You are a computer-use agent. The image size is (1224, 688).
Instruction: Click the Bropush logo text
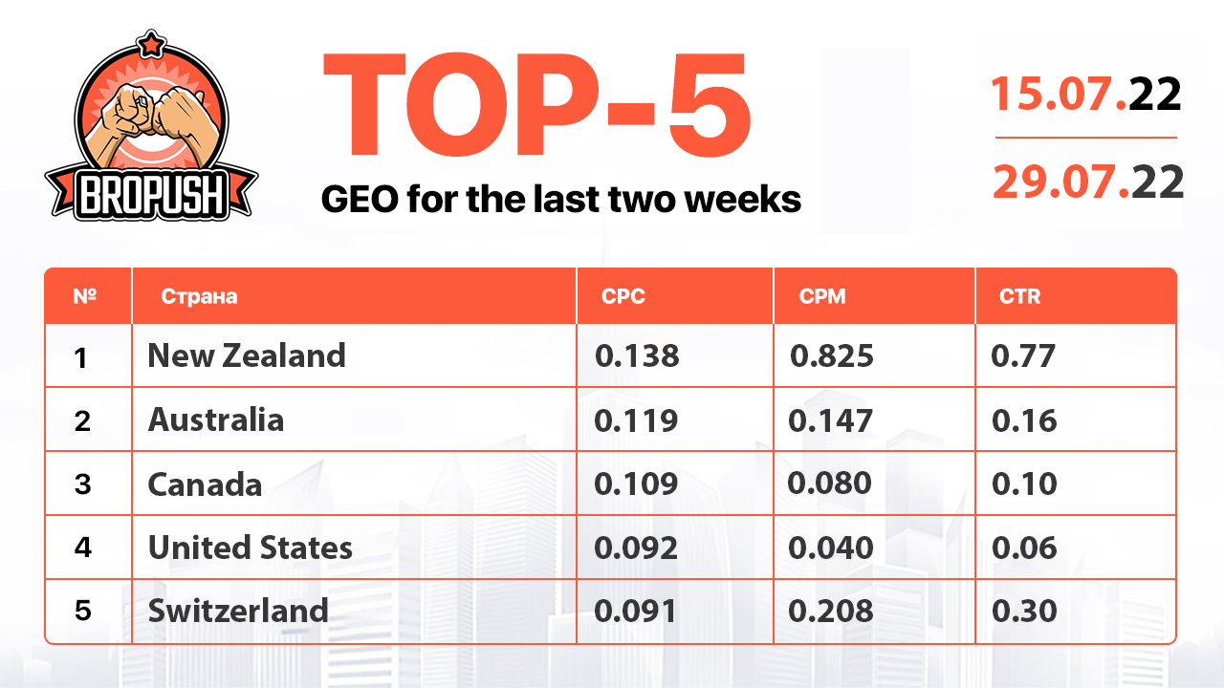151,195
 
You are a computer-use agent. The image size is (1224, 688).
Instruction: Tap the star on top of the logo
151,44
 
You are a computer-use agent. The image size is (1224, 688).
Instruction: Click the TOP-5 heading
537,104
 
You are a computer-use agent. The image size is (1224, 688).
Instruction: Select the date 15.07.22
1085,94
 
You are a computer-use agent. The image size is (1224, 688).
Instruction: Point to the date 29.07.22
1088,182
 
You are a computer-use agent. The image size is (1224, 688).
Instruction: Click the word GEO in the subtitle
361,199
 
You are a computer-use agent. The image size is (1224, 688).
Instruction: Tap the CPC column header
623,296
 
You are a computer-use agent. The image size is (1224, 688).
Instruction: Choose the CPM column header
821,296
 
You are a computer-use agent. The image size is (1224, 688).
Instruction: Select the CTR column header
1019,296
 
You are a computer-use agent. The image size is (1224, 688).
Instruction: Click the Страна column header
199,296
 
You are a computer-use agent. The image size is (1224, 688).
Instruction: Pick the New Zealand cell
247,355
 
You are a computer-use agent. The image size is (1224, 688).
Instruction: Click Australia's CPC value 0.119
636,420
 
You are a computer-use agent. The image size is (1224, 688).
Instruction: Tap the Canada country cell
205,484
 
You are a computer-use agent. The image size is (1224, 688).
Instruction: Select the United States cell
251,548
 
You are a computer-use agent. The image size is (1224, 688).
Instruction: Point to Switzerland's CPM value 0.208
831,611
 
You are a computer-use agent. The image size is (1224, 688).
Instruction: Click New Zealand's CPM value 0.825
832,356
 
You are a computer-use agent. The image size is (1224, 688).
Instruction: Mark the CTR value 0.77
1022,356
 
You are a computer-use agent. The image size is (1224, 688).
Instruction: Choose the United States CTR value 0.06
1024,548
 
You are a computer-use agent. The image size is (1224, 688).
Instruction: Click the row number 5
82,611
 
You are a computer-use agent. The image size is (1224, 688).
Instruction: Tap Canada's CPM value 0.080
829,484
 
